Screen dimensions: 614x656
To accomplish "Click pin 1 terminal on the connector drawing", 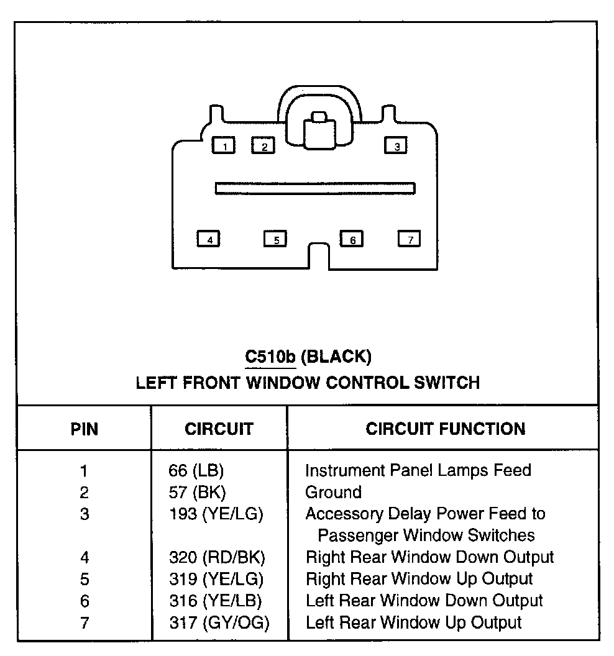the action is pos(224,145).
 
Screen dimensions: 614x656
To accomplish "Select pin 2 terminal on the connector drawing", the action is pos(263,145).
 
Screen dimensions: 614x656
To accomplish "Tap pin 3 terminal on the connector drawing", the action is pos(395,145).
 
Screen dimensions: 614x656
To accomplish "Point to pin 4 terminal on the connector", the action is pos(208,239).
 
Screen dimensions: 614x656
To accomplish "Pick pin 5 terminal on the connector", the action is pos(275,239).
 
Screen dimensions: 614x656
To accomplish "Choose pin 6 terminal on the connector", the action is pos(352,239).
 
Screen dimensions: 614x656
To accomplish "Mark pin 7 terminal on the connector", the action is pos(409,239).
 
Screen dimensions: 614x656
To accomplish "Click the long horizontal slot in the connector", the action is pos(315,188).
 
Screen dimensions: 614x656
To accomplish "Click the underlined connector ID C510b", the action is pos(270,357).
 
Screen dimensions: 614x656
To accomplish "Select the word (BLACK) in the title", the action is pos(336,357).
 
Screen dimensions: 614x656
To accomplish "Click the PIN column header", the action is pos(84,429).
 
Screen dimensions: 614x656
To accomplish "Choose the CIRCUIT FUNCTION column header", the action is pos(446,429).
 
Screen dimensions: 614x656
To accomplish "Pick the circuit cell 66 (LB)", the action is pos(196,471).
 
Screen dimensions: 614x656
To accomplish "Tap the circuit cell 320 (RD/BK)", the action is pos(217,558).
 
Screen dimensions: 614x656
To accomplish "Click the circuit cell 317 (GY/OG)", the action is pos(219,623).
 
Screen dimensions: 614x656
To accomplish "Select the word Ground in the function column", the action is pos(333,493).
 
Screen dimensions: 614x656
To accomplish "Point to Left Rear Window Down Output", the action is pos(424,601).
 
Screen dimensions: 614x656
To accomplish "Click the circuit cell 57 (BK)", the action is pos(197,493).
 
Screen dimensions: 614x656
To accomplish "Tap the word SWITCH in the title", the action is pos(447,383).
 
